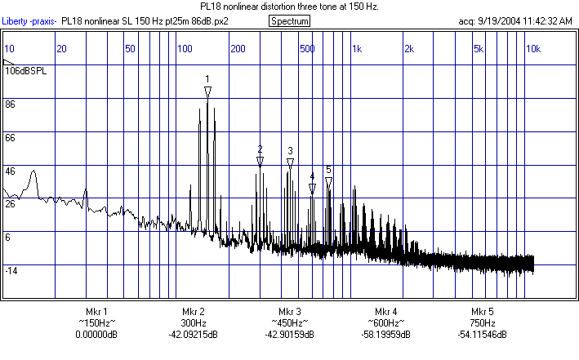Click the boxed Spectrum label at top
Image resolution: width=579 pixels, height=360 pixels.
pos(289,20)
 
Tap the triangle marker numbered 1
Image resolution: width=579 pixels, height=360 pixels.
pos(207,92)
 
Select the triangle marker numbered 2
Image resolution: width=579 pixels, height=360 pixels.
pos(260,162)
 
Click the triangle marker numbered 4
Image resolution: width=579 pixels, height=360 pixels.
pos(312,189)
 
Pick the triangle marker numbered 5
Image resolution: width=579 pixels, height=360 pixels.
pos(328,181)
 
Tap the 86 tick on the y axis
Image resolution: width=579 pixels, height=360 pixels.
pos(11,104)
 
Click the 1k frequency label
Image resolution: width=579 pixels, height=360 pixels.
pos(356,49)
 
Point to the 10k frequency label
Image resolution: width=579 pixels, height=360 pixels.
pos(532,49)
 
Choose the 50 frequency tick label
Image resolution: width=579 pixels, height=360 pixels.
pos(130,49)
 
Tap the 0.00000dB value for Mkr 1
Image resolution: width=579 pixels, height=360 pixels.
pos(96,335)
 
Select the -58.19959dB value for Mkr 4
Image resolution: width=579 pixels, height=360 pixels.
pos(386,335)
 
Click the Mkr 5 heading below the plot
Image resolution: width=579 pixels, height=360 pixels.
pos(482,312)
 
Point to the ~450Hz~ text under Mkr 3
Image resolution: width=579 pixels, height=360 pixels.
pos(290,323)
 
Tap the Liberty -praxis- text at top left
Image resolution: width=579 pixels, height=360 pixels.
pos(30,20)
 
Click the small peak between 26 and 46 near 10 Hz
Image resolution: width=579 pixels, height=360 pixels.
pos(33,173)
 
